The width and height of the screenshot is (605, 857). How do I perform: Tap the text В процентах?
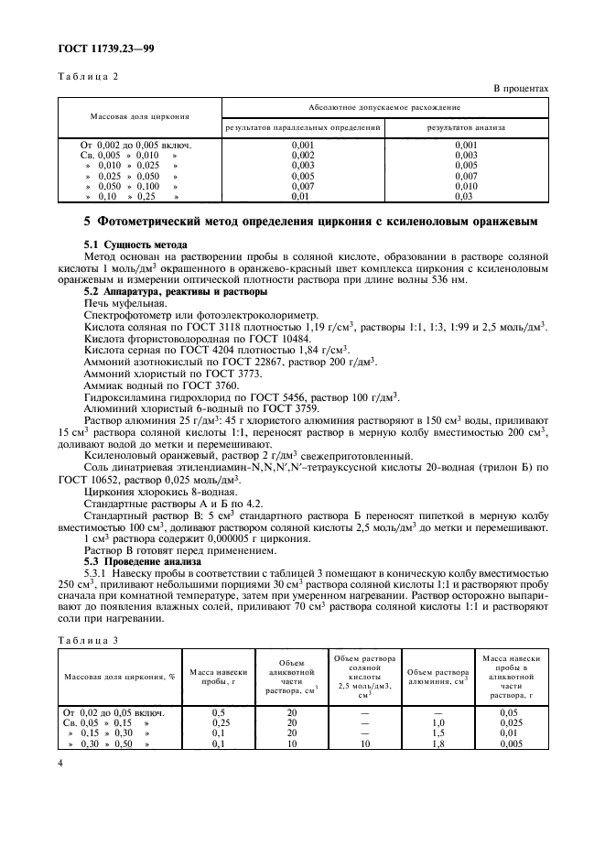(x=521, y=88)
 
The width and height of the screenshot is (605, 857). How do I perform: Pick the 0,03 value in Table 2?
(x=465, y=196)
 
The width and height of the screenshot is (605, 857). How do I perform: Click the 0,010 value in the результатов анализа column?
(x=465, y=186)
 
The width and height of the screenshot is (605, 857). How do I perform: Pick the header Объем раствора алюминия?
(x=438, y=678)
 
